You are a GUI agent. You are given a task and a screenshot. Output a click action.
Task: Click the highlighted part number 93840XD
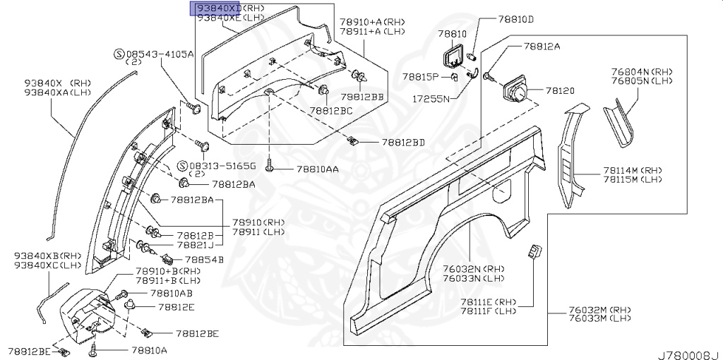[x=218, y=8]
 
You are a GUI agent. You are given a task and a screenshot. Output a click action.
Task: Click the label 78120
[x=561, y=91]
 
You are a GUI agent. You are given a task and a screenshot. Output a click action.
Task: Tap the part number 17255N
[x=431, y=99]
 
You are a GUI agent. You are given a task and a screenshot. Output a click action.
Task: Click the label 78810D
[x=516, y=19]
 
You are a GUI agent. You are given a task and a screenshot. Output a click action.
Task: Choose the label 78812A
[x=542, y=47]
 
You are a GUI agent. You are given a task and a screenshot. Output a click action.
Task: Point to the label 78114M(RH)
[x=633, y=170]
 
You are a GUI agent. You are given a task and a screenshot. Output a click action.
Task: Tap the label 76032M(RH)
[x=601, y=310]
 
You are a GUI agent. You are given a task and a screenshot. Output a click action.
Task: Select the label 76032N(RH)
[x=473, y=269]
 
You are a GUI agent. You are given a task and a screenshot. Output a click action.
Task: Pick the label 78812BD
[x=403, y=142]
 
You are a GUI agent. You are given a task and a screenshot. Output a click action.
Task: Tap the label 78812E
[x=176, y=307]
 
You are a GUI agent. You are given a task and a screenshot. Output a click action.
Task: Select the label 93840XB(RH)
[x=48, y=256]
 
